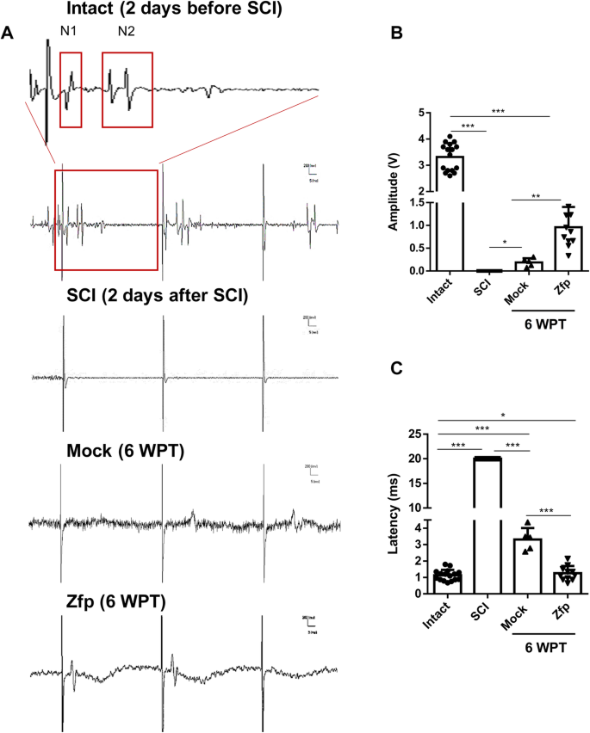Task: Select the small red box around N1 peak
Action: (x=71, y=89)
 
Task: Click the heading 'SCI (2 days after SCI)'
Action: (x=158, y=298)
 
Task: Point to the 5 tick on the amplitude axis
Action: (x=424, y=113)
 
